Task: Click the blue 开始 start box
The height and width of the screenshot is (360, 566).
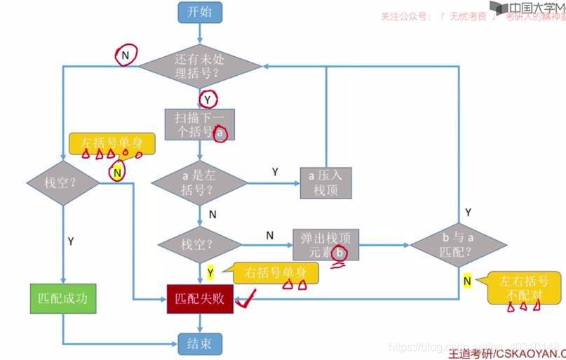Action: (200, 12)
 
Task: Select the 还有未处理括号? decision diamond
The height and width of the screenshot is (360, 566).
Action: (200, 67)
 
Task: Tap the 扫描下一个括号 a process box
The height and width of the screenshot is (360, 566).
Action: (200, 124)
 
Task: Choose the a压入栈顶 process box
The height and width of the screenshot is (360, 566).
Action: (325, 183)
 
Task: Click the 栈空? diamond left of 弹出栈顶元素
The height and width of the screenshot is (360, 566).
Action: (200, 245)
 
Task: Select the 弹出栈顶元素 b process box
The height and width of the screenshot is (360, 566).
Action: (325, 245)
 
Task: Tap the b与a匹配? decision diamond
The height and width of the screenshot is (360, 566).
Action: (459, 245)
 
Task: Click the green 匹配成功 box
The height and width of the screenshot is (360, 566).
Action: (62, 298)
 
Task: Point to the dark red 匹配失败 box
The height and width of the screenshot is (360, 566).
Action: (200, 298)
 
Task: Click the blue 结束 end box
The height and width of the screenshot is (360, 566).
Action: (200, 344)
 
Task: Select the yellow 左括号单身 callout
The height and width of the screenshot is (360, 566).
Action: (112, 144)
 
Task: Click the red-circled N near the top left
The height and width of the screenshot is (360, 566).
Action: (126, 54)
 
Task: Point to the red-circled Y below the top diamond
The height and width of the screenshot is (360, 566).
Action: (208, 100)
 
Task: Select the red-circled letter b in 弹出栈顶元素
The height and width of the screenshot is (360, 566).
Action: (340, 253)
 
